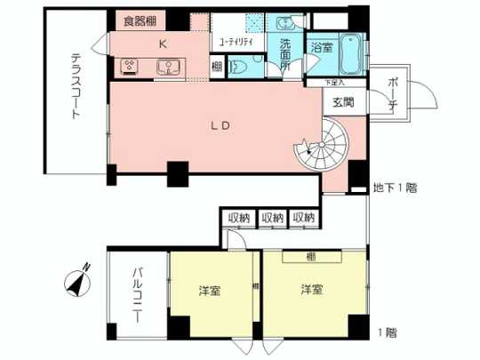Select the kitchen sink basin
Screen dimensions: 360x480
[x=164, y=65]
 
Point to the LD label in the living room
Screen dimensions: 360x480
[x=221, y=124]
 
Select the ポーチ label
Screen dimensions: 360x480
[x=392, y=92]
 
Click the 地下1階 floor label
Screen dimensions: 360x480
[x=396, y=188]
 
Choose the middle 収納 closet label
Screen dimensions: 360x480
[x=272, y=218]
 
